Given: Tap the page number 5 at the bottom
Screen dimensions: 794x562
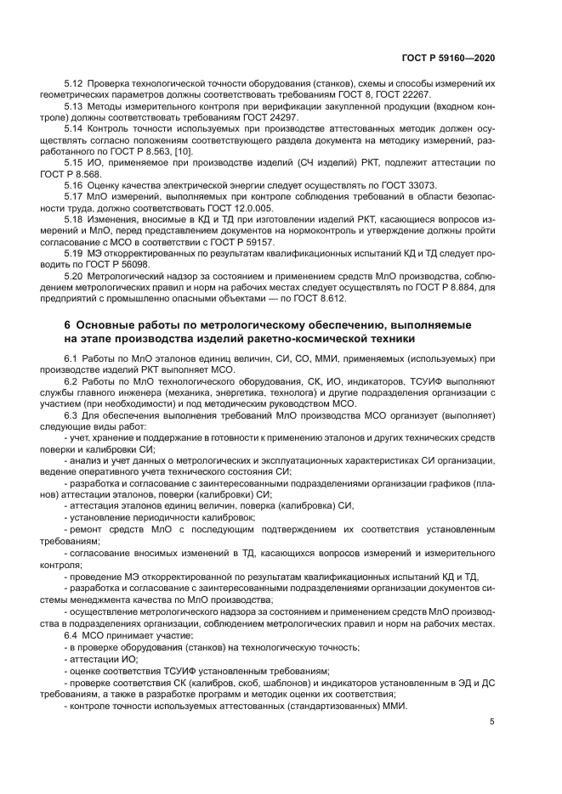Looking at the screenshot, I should pyautogui.click(x=492, y=723).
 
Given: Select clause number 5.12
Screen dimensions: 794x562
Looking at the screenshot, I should pyautogui.click(x=74, y=84).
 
